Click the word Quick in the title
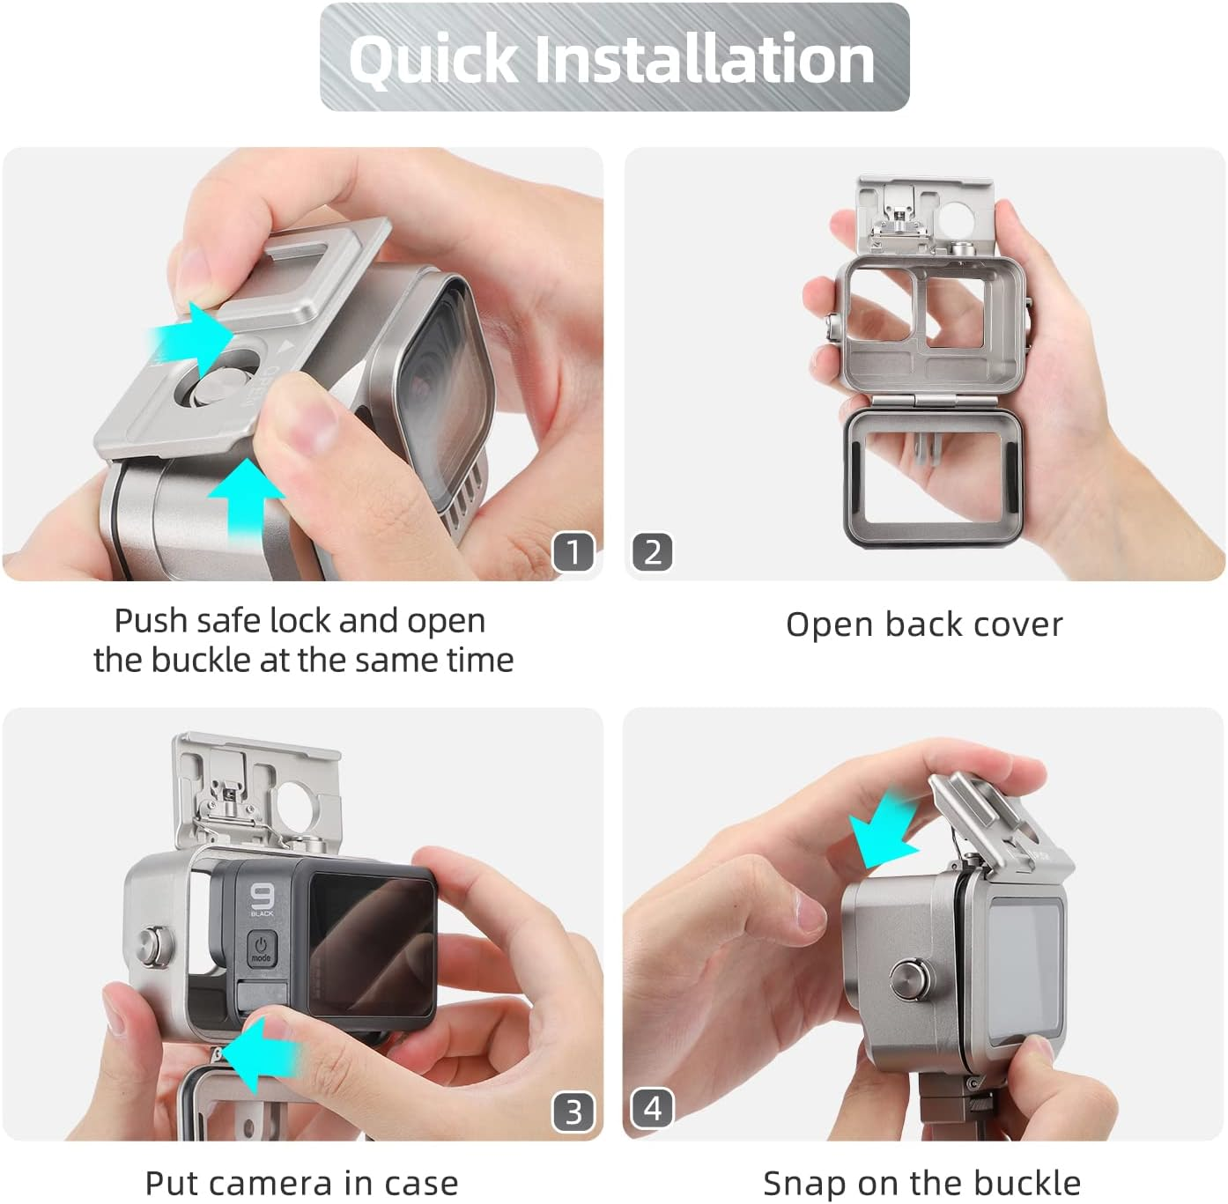(433, 60)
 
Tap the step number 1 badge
(573, 551)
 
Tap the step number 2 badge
(652, 551)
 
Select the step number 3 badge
(573, 1112)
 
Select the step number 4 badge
(652, 1108)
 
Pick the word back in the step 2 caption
(921, 624)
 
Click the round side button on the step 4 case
(912, 980)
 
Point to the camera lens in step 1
(443, 388)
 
